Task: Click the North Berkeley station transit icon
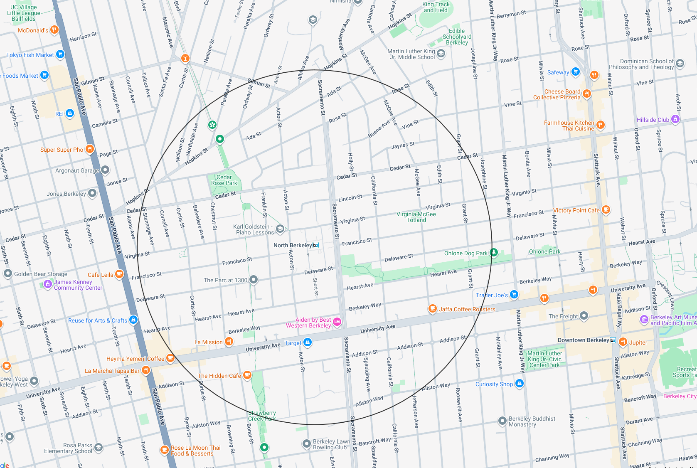tap(315, 245)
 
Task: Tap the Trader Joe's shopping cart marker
tap(514, 295)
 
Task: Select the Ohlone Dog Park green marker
tap(493, 252)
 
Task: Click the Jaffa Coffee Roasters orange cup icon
tap(433, 308)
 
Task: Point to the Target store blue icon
tap(308, 342)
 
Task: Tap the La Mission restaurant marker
tap(229, 342)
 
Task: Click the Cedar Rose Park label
tap(224, 180)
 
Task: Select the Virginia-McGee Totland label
tap(416, 217)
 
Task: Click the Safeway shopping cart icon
tap(575, 71)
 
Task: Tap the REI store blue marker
tap(70, 113)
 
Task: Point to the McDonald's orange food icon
tap(54, 30)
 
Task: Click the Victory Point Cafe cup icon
tap(606, 209)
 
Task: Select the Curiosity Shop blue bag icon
tap(519, 383)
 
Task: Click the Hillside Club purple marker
tap(675, 119)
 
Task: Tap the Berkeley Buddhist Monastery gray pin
tap(502, 421)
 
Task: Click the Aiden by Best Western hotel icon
tap(337, 322)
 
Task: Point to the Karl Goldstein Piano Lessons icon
tap(280, 229)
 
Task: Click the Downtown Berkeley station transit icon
tap(613, 340)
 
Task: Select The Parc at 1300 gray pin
tap(254, 280)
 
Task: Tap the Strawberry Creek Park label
tap(262, 416)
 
